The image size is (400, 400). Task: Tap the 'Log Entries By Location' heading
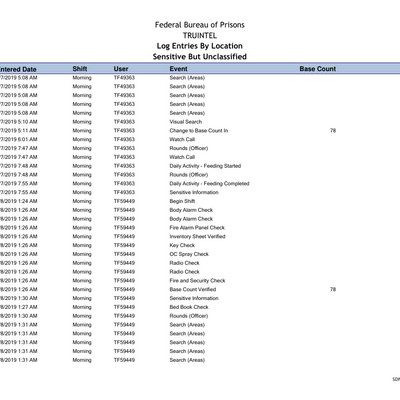[x=199, y=45]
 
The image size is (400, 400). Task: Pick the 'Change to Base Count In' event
[x=199, y=131]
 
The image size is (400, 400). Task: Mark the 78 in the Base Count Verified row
[x=332, y=289]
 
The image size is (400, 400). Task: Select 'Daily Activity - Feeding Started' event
[x=205, y=166]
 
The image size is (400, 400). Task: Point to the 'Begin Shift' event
[x=183, y=201]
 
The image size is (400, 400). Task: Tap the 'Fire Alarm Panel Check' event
[x=197, y=227]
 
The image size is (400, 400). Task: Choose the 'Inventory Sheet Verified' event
[x=199, y=236]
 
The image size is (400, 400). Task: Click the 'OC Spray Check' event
[x=189, y=254]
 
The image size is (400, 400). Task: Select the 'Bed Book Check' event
[x=189, y=307]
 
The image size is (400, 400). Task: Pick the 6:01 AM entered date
[x=19, y=140]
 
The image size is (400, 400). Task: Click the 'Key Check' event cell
[x=183, y=245]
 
